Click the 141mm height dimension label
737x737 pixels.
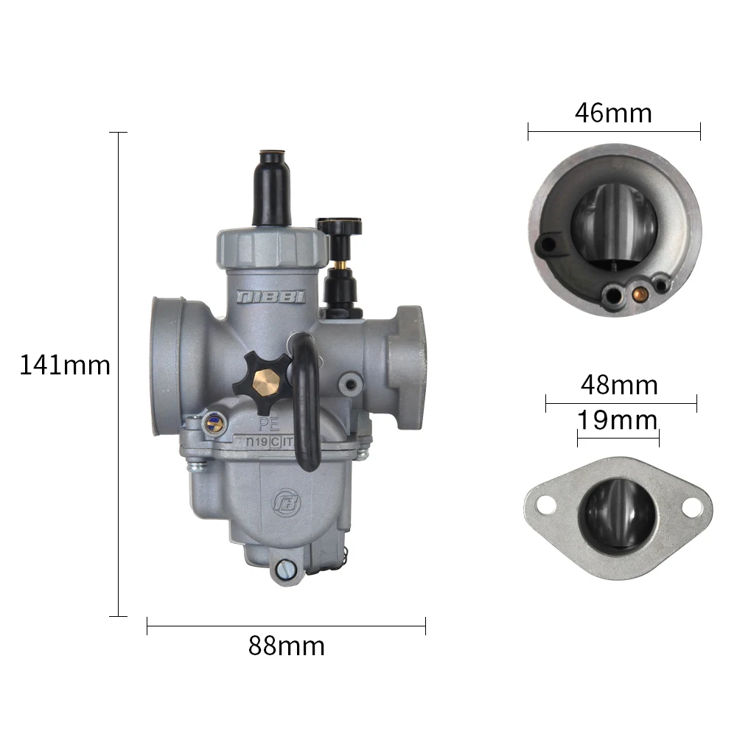65,365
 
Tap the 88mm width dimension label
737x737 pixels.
286,646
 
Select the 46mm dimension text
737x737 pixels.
613,113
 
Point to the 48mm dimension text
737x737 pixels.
619,385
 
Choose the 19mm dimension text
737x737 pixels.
617,420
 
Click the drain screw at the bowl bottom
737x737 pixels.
286,568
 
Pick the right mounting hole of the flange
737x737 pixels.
691,507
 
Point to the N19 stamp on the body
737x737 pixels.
256,442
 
